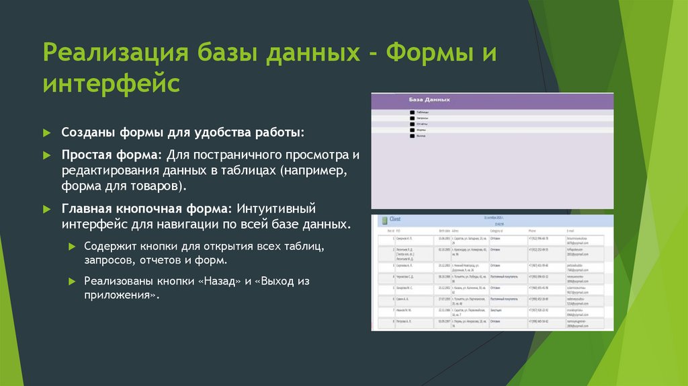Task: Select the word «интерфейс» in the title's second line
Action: [x=112, y=84]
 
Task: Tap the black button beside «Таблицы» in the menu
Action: [x=411, y=112]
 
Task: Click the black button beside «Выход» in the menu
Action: [x=411, y=136]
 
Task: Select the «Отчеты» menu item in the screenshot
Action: [x=423, y=124]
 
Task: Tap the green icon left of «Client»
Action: [x=383, y=220]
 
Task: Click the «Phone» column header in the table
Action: [x=533, y=231]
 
